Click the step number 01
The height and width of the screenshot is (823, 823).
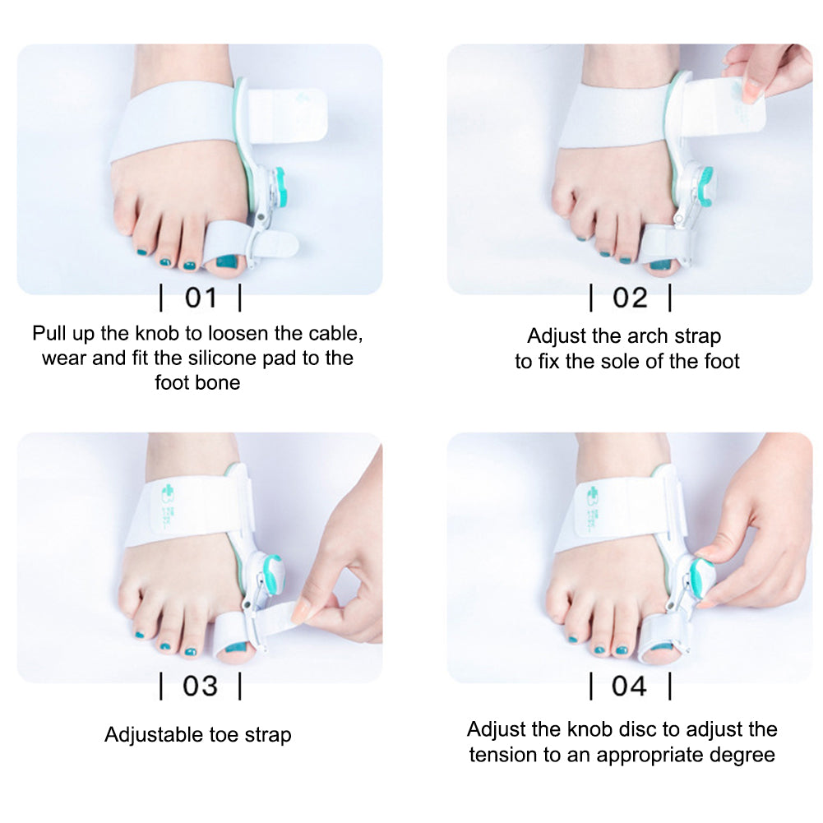point(200,298)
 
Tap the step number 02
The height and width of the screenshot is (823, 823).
point(630,298)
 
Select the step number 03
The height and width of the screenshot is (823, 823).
point(200,686)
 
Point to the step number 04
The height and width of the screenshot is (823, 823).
point(630,686)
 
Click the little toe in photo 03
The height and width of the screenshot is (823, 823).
point(130,604)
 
